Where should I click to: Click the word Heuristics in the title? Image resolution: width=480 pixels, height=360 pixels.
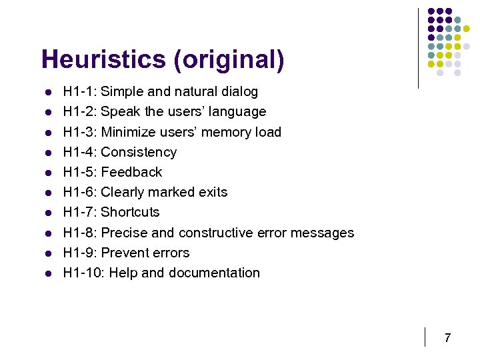[x=103, y=59]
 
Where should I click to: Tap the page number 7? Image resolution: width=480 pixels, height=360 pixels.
[x=447, y=338]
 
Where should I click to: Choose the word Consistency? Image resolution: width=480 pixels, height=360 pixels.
[x=139, y=152]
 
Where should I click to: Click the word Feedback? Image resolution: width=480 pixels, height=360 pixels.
[x=131, y=172]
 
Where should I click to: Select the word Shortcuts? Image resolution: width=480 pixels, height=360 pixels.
[x=130, y=212]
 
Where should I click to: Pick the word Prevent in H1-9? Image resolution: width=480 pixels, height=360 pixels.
[x=123, y=253]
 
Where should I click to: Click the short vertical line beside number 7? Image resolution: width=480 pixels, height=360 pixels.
[x=425, y=337]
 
